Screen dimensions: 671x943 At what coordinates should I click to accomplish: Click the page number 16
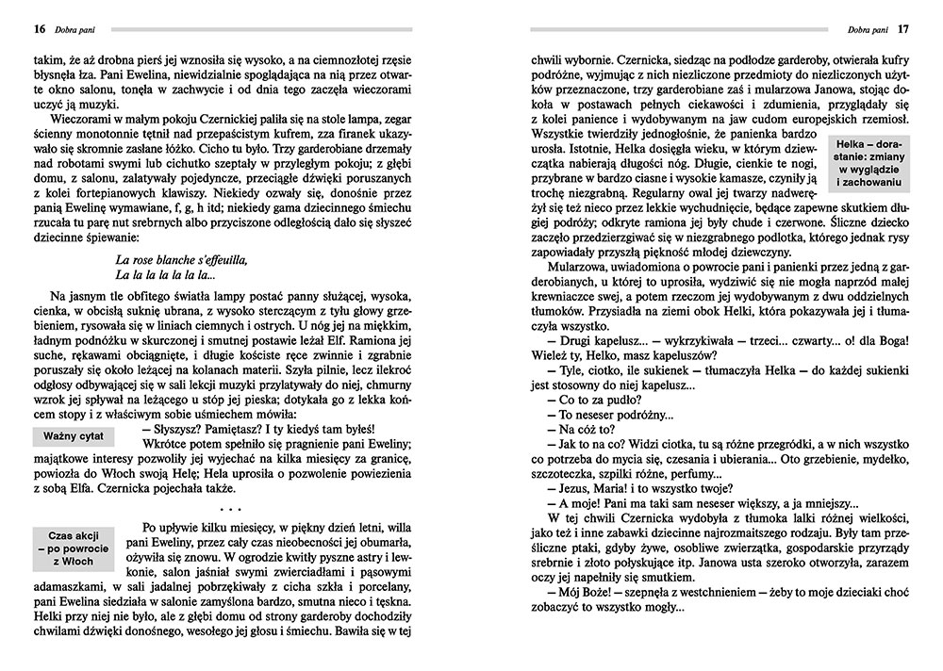click(39, 28)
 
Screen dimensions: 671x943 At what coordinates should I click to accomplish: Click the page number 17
click(902, 28)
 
